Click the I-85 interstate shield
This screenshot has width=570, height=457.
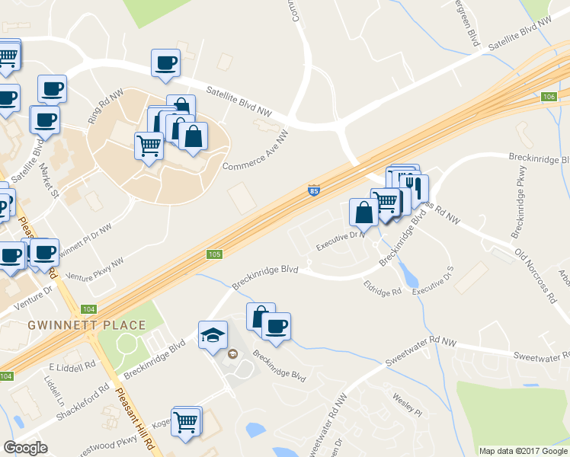(x=313, y=190)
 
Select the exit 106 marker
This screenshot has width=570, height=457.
(x=549, y=97)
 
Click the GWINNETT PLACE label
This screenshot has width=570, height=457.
(x=86, y=325)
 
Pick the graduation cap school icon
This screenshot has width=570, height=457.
(x=213, y=334)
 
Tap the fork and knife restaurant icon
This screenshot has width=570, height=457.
(x=414, y=187)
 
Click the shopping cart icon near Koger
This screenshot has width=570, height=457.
(x=187, y=422)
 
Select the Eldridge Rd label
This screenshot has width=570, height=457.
(x=382, y=292)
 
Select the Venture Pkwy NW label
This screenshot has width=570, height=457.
(x=95, y=273)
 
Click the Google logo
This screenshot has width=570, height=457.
(x=25, y=448)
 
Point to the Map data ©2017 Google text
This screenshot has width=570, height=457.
(x=522, y=451)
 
